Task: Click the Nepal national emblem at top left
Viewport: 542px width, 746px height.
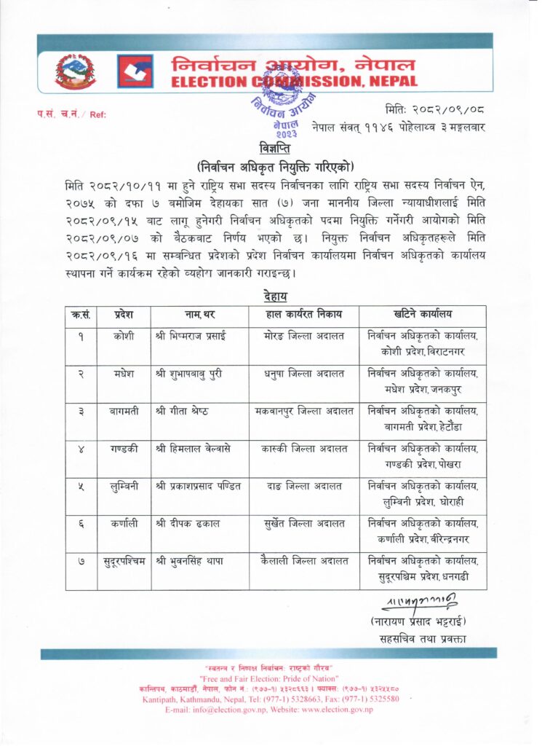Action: (x=76, y=71)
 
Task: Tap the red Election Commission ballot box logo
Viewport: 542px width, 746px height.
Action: (x=135, y=71)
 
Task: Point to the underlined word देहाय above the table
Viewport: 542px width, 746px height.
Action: (x=273, y=296)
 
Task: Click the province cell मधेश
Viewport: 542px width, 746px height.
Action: (x=123, y=375)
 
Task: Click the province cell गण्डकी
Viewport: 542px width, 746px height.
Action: (x=123, y=449)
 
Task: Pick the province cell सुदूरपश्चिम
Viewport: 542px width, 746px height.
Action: (x=123, y=562)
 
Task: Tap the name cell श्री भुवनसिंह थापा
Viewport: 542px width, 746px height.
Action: (x=188, y=562)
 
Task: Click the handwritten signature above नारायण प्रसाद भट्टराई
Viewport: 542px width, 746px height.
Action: (x=423, y=602)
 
